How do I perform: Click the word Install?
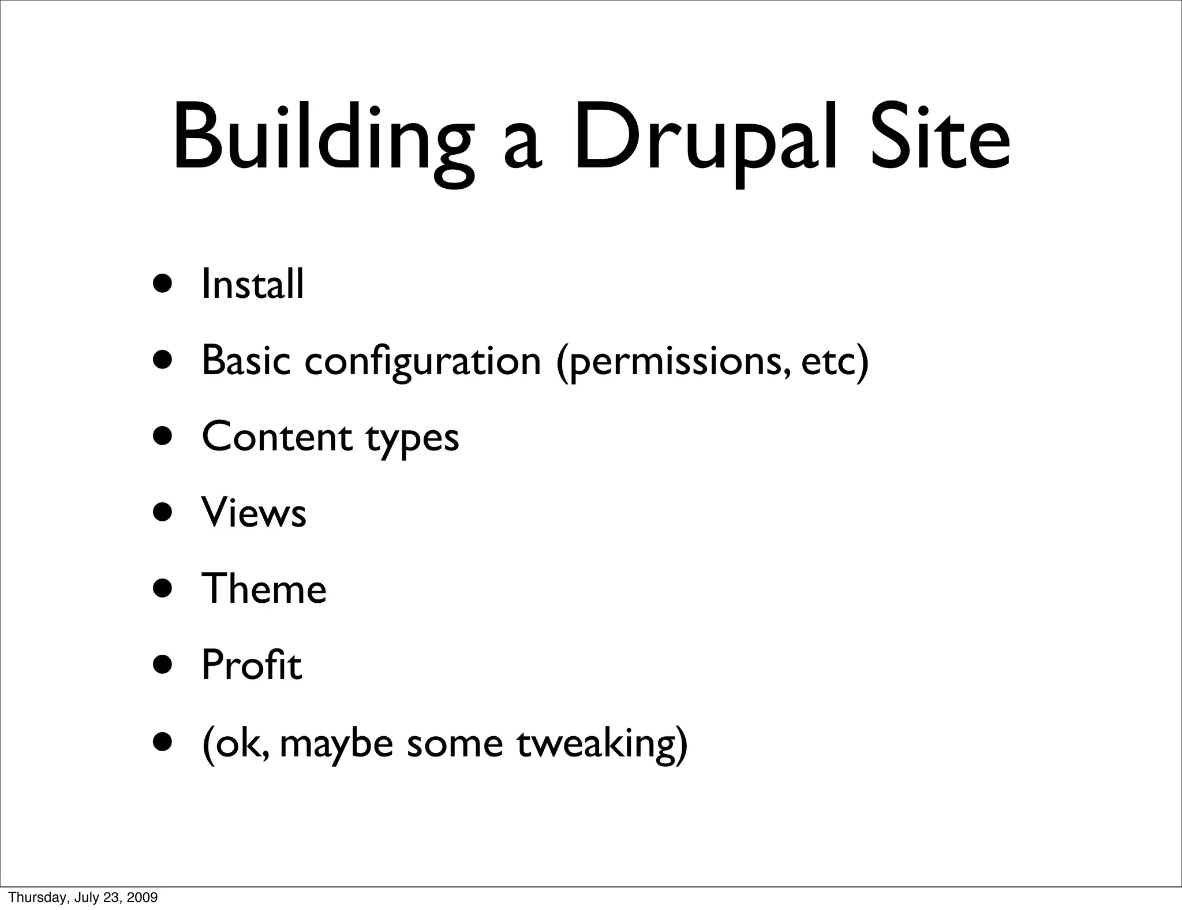point(252,284)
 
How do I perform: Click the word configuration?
point(422,360)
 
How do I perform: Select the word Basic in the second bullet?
point(246,360)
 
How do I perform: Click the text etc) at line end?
point(835,360)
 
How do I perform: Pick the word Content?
point(276,437)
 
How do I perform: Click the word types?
point(412,439)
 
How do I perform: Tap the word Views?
point(253,512)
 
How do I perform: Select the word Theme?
point(264,588)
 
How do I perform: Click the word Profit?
point(251,665)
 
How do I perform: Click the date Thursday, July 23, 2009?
point(83,897)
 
